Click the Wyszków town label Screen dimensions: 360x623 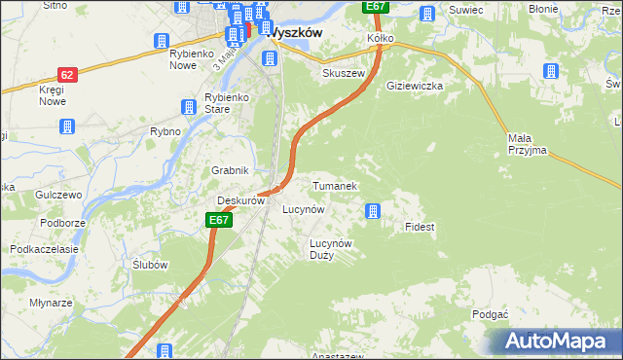coord(294,31)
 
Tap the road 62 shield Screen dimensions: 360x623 coord(66,74)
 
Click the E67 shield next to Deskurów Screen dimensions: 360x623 coord(219,221)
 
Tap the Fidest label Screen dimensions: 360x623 coord(420,227)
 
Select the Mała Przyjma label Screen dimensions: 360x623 coord(528,144)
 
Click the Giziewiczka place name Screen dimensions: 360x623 coord(415,86)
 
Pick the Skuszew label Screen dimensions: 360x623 coord(343,74)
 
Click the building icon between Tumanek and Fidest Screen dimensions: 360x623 coord(372,210)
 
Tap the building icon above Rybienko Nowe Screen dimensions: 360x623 coord(162,41)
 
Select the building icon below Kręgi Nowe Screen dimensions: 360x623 coord(66,126)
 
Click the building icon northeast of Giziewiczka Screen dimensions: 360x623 coord(549,71)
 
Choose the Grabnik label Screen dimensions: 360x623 coord(232,170)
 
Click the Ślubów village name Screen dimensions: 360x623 coord(150,265)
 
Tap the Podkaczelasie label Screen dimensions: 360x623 coord(44,249)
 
